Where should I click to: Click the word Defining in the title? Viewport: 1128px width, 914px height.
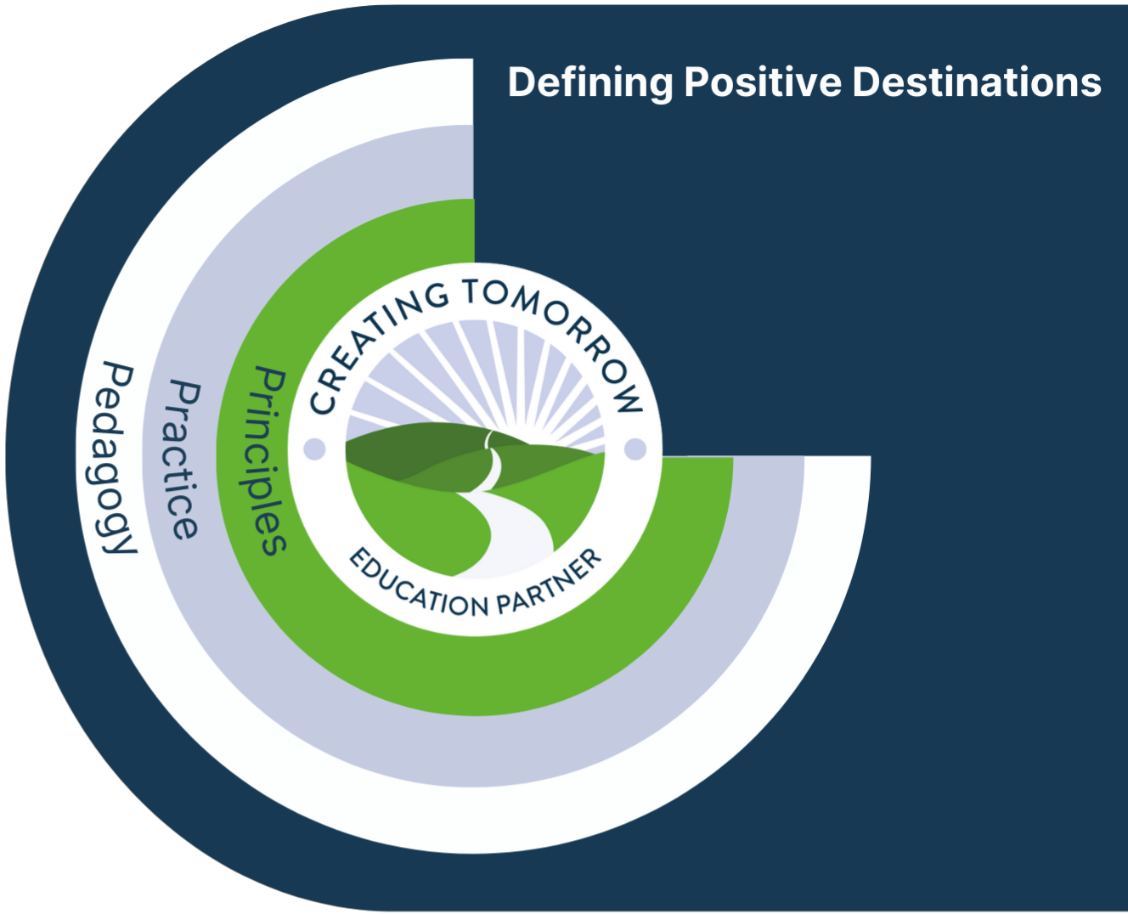(x=590, y=83)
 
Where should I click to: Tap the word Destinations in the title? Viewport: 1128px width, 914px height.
(x=977, y=82)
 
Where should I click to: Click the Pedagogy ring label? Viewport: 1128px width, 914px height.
(x=117, y=459)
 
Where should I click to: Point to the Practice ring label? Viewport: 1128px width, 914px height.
(x=183, y=460)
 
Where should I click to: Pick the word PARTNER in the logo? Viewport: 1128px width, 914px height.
(x=552, y=583)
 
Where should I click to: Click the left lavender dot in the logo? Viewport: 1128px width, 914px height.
(x=314, y=449)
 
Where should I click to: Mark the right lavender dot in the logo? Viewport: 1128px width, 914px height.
(x=635, y=449)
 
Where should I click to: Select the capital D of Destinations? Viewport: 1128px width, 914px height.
(x=866, y=82)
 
